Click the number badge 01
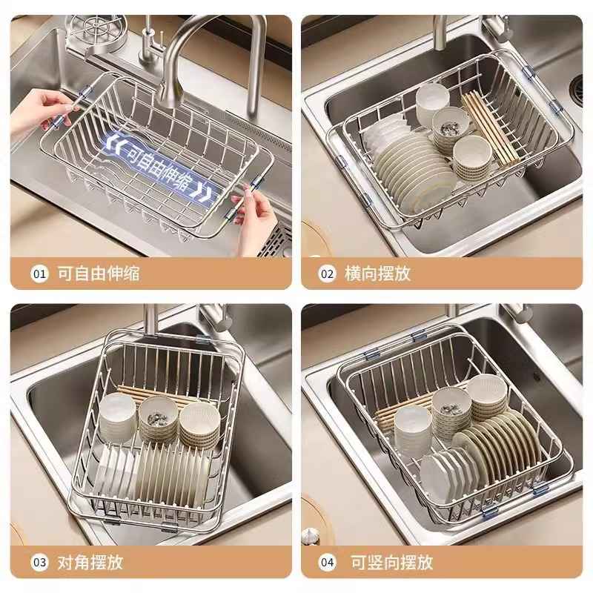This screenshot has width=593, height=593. coord(39,274)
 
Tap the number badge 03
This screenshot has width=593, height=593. coord(39,562)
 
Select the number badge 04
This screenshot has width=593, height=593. coord(327,562)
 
